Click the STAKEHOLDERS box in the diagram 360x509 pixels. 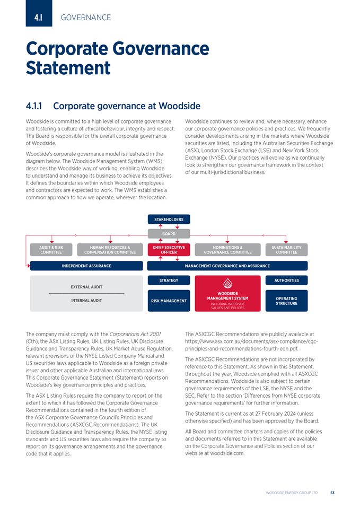coord(169,219)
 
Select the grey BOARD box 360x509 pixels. coord(169,233)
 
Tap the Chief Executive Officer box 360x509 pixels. coord(169,250)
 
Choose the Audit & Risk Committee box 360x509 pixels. coord(51,250)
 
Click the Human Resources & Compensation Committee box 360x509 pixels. coord(110,250)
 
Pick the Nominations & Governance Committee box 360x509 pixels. coord(227,250)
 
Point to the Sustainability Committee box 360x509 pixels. coord(286,250)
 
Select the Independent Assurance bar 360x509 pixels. coord(86,266)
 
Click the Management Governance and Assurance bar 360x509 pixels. coord(227,266)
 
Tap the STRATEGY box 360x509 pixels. coord(169,280)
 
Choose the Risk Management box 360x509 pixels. coord(169,301)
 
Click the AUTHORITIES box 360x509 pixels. coord(286,280)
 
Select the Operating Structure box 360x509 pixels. coord(286,301)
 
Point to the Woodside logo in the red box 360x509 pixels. coord(227,283)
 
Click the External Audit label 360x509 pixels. coord(86,287)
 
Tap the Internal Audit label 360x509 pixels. coord(86,301)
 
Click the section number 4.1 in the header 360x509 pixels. coord(38,18)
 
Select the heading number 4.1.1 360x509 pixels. coord(37,106)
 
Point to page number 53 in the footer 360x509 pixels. coord(332,493)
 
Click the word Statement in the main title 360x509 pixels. coord(68,68)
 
